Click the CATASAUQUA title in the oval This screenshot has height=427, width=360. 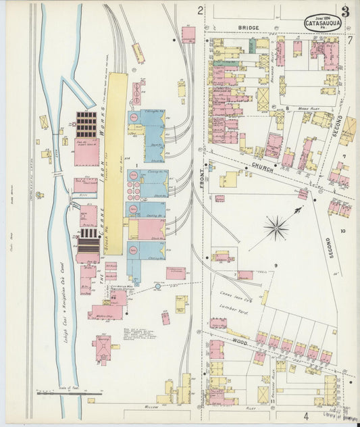(323, 24)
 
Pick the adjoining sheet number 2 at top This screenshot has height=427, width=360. (200, 10)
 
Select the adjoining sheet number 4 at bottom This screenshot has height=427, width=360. (305, 416)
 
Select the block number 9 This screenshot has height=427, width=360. (276, 266)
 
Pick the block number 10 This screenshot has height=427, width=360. (343, 231)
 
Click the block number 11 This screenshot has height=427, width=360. (272, 401)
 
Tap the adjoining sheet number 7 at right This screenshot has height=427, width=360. (350, 39)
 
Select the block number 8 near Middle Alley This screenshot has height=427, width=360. (287, 107)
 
